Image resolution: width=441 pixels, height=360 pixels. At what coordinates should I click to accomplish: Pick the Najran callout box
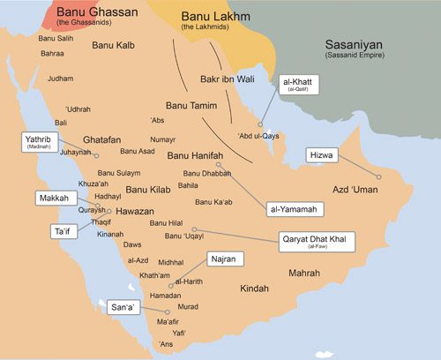[222, 259]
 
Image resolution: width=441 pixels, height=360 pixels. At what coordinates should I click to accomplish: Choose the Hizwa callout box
[322, 154]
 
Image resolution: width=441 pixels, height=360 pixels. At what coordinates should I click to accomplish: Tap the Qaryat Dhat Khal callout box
[317, 242]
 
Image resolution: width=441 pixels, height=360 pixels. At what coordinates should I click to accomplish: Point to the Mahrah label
[303, 274]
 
